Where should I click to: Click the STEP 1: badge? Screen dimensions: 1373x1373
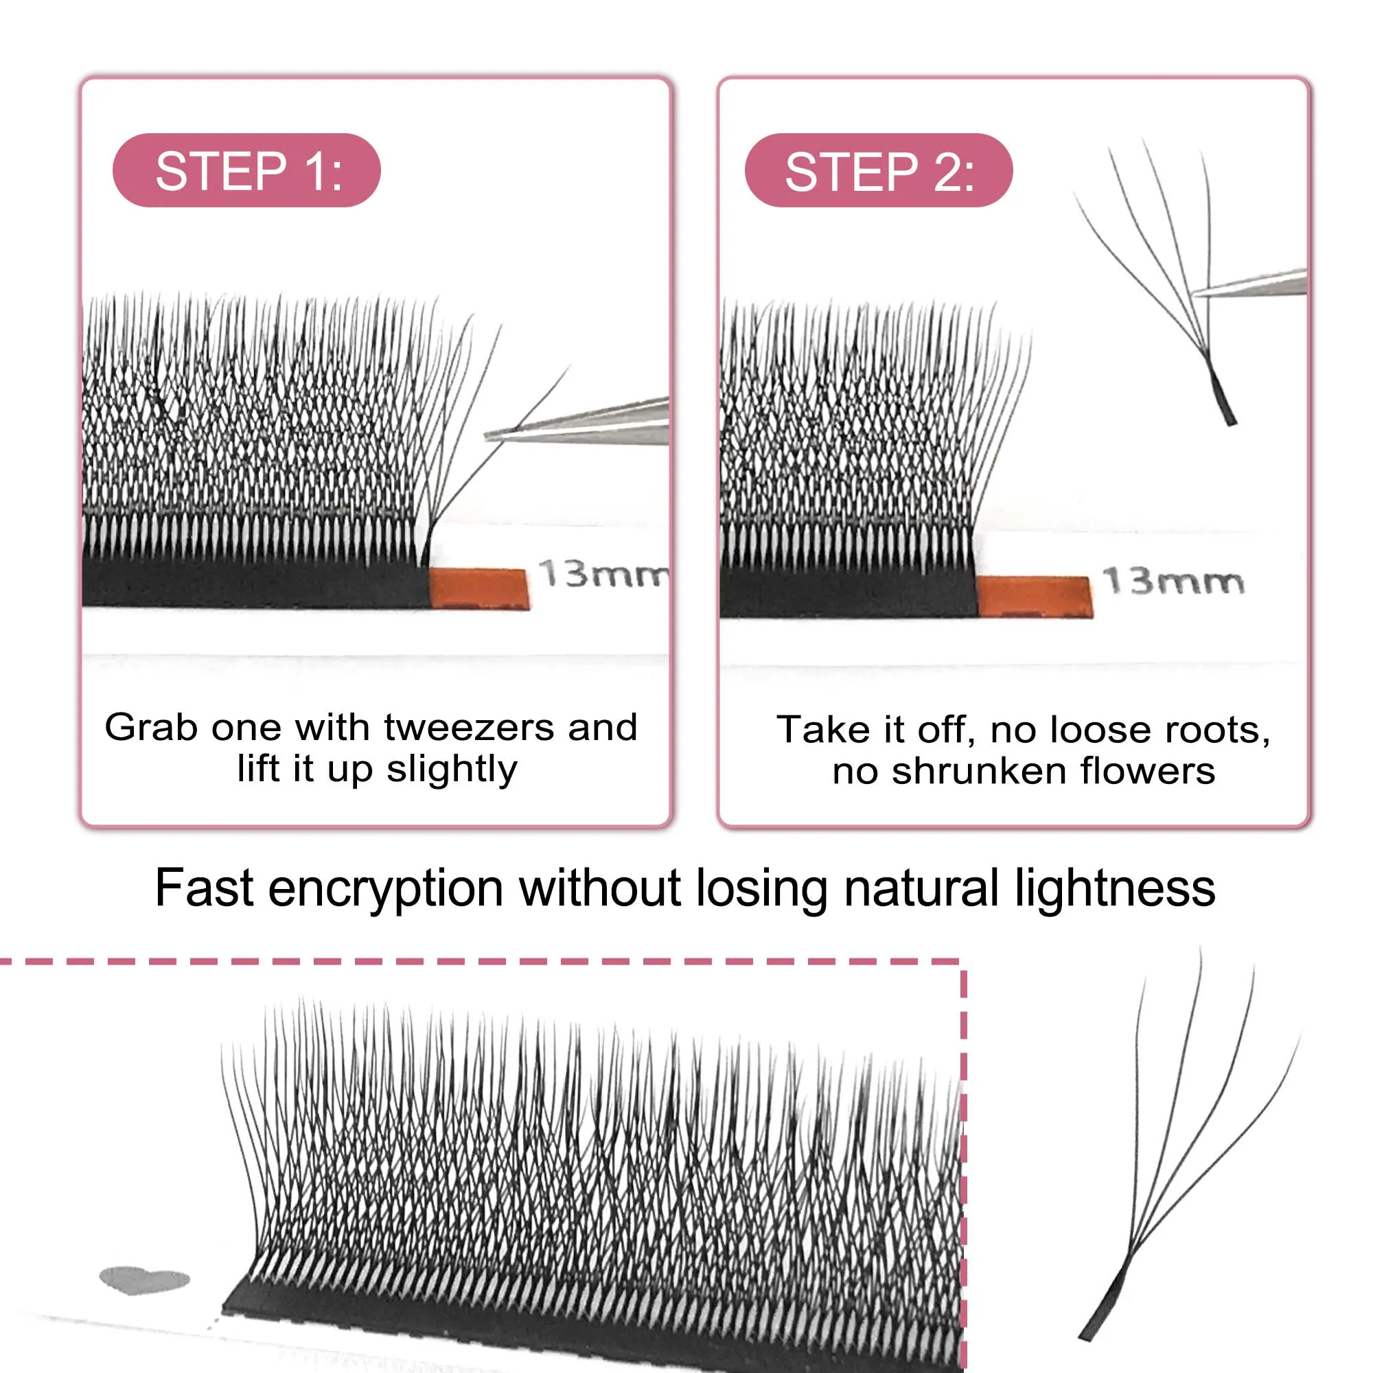[246, 170]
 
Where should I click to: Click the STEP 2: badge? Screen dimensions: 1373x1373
[879, 170]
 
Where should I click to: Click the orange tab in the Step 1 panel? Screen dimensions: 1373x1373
[481, 588]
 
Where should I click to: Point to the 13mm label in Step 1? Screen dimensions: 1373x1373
[603, 573]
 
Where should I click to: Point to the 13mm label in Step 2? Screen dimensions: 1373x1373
[1173, 581]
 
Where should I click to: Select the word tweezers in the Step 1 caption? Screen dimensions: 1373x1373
[469, 727]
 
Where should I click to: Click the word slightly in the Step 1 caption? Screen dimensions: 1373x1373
[451, 770]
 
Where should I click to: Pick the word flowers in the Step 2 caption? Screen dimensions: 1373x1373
[1147, 772]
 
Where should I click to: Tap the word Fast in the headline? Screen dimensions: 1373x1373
[204, 888]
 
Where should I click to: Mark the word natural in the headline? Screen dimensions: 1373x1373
[923, 888]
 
